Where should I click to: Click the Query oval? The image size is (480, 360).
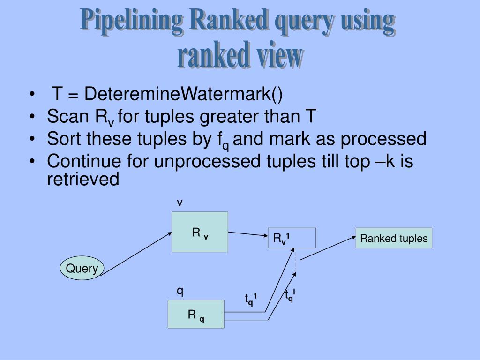82,269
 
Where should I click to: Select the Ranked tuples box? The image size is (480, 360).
394,238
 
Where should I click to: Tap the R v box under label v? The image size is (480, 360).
200,232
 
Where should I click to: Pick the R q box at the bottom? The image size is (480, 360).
196,314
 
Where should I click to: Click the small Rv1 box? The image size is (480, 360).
292,238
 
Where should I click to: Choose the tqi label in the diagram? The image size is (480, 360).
290,296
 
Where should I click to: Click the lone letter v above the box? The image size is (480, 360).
179,202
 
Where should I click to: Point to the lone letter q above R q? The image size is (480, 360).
180,292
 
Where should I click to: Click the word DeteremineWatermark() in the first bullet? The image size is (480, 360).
184,94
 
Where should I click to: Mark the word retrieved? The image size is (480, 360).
83,179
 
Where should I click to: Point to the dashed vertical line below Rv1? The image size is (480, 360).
296,262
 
